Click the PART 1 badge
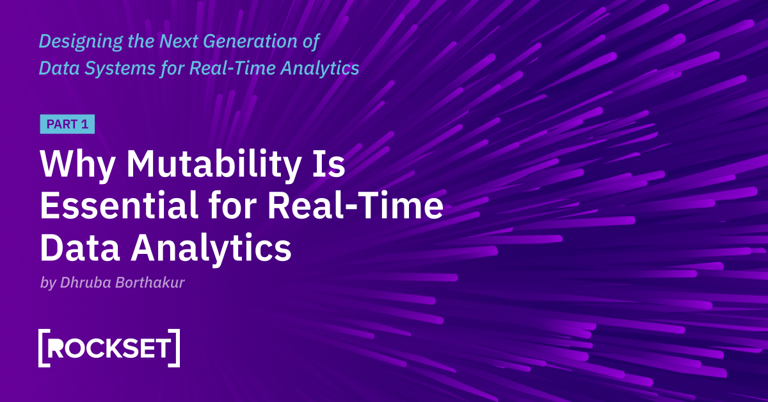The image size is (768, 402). tap(67, 124)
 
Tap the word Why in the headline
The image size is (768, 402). tap(78, 165)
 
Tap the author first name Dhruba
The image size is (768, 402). tap(83, 283)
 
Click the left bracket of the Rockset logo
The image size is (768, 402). tap(43, 348)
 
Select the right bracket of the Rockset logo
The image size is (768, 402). tap(175, 348)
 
